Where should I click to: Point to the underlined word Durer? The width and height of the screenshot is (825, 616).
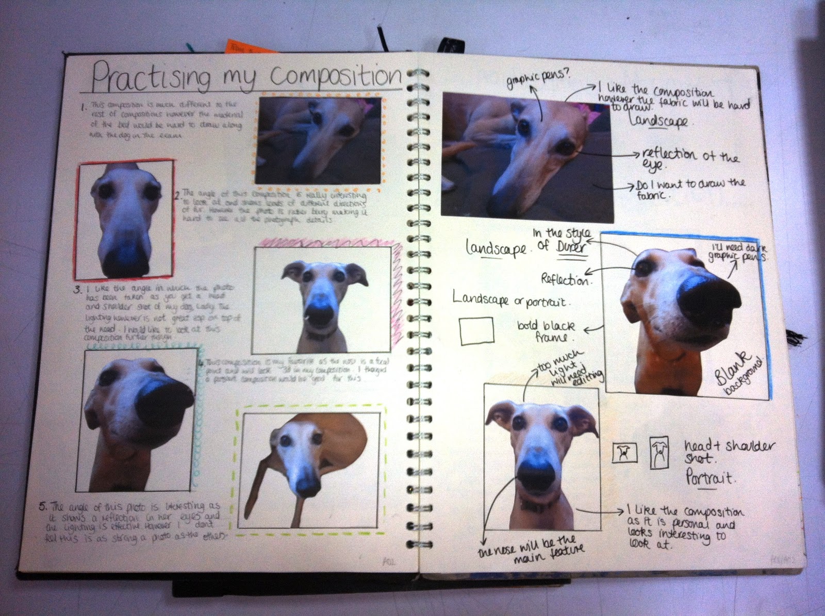click(572, 248)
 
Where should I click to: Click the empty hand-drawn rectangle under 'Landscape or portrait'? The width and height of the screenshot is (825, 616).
click(476, 330)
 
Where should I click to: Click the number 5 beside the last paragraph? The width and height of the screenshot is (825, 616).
click(42, 506)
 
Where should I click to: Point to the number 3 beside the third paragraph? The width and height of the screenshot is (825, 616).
click(77, 290)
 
